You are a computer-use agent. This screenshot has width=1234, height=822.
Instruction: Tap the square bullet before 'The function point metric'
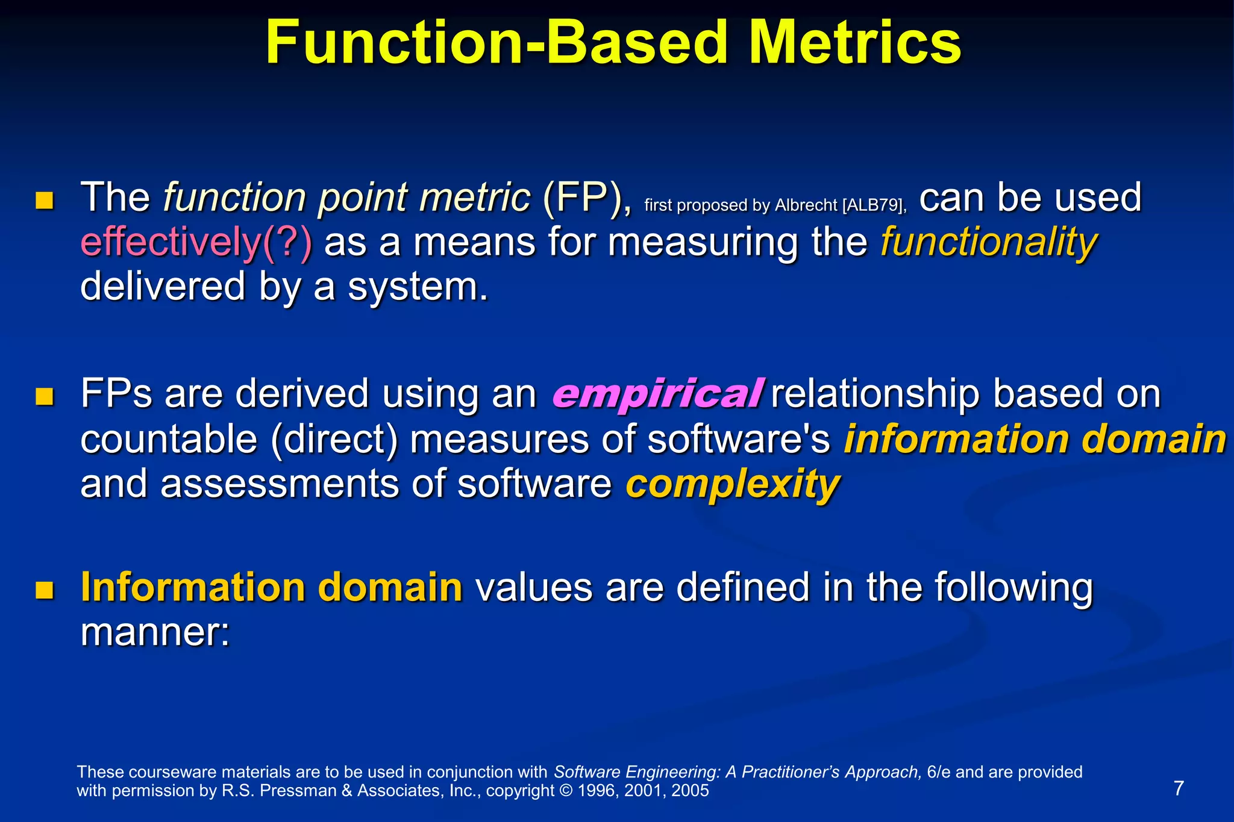[x=45, y=201]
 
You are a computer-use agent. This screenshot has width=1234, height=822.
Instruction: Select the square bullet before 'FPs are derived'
[x=45, y=397]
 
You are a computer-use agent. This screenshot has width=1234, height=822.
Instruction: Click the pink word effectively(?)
[x=196, y=243]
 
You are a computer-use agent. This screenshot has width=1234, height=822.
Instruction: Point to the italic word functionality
[x=989, y=243]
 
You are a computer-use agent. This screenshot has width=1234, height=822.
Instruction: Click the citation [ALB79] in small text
[x=874, y=205]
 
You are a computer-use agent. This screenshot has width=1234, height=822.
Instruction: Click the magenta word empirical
[x=657, y=394]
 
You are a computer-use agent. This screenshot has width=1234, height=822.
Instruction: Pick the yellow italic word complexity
[x=732, y=484]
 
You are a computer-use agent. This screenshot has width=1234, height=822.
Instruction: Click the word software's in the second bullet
[x=739, y=439]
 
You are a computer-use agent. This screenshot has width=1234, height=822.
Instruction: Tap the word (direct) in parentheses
[x=334, y=439]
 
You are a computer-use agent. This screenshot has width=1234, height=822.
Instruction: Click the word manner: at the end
[x=155, y=632]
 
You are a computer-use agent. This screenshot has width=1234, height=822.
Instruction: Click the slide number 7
[x=1179, y=788]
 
